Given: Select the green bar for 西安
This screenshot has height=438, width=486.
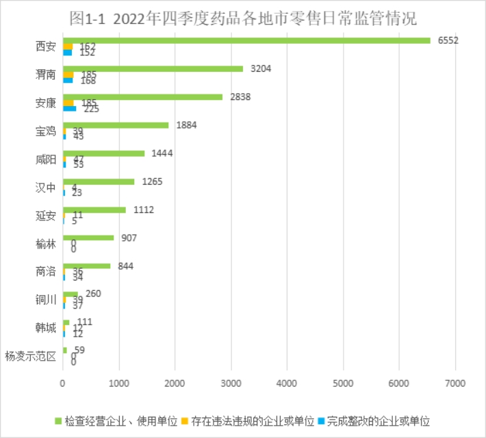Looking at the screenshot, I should pyautogui.click(x=246, y=40).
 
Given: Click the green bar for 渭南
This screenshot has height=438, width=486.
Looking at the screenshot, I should pyautogui.click(x=153, y=68).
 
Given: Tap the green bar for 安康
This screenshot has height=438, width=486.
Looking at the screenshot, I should pyautogui.click(x=142, y=96).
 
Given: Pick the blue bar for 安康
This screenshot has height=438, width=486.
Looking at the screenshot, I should pyautogui.click(x=69, y=108).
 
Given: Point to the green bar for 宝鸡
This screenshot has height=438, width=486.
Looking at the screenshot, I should pyautogui.click(x=116, y=125).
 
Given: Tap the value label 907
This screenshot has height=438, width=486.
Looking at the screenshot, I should pyautogui.click(x=129, y=237).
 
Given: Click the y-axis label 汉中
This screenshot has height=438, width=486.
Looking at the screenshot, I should pyautogui.click(x=45, y=188).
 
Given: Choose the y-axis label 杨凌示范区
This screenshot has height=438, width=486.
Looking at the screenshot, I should pyautogui.click(x=30, y=356).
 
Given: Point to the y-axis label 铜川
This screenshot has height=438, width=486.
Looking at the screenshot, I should pyautogui.click(x=45, y=300).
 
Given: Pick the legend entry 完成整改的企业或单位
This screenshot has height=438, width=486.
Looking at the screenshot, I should pyautogui.click(x=376, y=419).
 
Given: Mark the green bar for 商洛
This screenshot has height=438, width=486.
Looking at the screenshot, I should pyautogui.click(x=86, y=266).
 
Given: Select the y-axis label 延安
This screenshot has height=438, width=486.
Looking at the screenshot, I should pyautogui.click(x=45, y=216).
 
